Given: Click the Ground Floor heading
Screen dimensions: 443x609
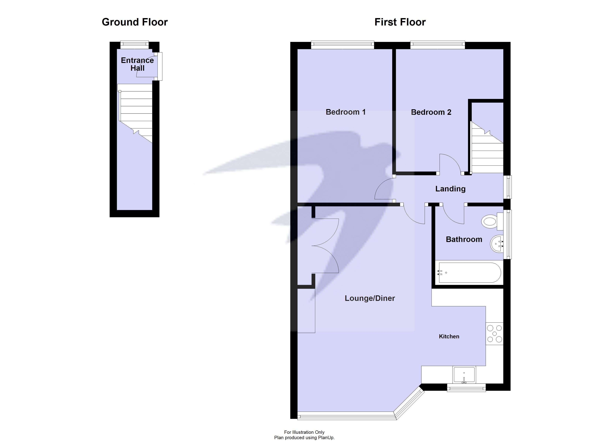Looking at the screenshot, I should tap(135, 22).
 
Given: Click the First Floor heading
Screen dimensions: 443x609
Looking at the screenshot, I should tap(400, 22).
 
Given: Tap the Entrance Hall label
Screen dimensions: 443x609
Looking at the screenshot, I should tap(137, 64).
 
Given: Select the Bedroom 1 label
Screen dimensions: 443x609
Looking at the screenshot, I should tap(346, 112).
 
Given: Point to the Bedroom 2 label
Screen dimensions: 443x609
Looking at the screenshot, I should tap(431, 112).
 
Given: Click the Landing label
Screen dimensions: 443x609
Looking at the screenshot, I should tap(450, 189).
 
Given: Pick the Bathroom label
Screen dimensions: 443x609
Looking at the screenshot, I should tap(464, 239).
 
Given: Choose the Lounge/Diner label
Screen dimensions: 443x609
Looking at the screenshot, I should tap(370, 298).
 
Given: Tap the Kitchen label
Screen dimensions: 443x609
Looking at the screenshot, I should tap(449, 336).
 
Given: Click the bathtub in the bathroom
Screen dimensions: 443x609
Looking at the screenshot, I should tap(469, 273).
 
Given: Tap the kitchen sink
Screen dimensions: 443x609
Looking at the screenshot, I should tap(464, 375).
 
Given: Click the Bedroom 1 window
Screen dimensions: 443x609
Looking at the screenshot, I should tap(342, 45).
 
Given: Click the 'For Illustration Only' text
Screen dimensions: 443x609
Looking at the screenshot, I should tap(304, 432).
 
